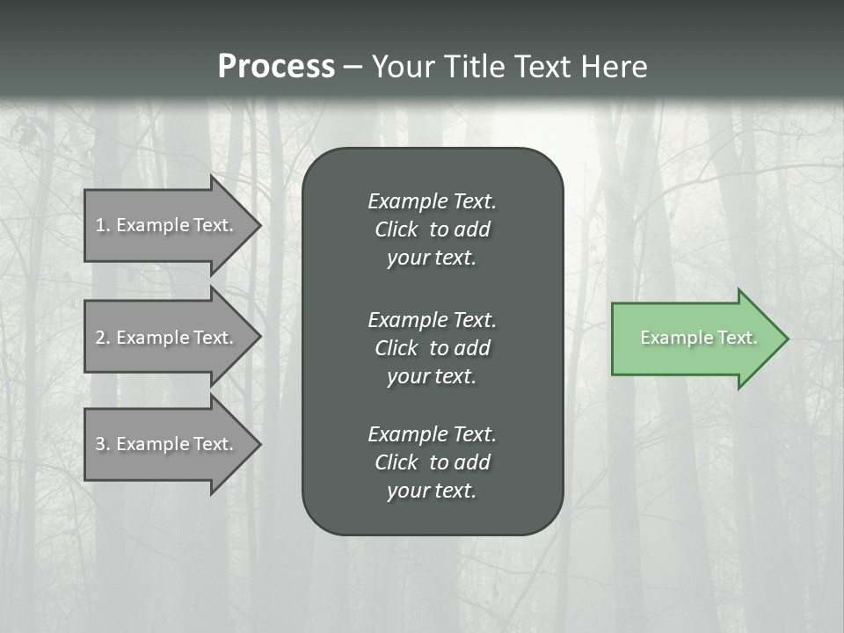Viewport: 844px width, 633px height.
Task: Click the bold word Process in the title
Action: point(276,67)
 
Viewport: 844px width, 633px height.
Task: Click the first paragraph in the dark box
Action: point(432,229)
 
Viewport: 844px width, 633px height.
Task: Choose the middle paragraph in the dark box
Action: point(432,347)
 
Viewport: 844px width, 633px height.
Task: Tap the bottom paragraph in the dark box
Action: point(432,462)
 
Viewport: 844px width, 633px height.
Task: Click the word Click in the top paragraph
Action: point(396,229)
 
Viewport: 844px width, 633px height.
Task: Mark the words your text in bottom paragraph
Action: point(432,491)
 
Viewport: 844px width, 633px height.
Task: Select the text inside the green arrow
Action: point(699,338)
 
